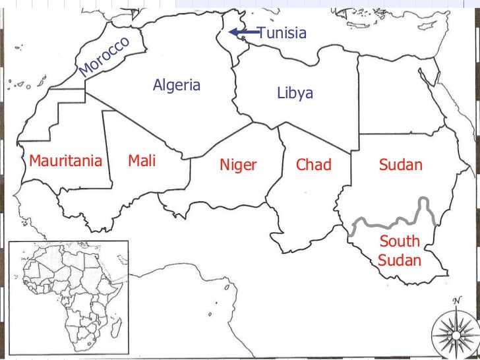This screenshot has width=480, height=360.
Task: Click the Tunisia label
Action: coord(282,33)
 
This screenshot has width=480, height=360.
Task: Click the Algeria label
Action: coord(176,85)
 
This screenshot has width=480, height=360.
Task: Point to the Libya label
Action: coord(295,94)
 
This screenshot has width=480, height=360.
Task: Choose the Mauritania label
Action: coord(65,161)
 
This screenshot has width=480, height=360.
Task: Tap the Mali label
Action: coord(142,160)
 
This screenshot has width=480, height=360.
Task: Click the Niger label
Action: coord(237,165)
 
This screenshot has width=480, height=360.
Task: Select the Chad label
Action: coord(313,165)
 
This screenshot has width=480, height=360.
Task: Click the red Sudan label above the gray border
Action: coord(400,165)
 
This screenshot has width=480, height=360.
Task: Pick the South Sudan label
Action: coord(400,251)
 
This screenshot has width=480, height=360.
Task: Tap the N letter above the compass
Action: coord(456,301)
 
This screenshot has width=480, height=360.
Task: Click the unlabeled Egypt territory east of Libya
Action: coord(396,92)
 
